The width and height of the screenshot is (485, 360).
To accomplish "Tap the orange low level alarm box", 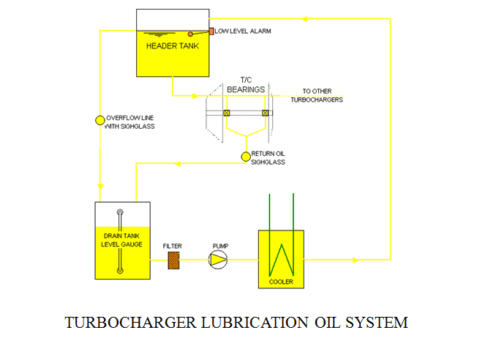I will point(211,31).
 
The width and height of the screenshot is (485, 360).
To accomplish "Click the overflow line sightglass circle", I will point(101,120).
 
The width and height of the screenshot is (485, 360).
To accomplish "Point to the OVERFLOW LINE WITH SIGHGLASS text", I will point(130,122).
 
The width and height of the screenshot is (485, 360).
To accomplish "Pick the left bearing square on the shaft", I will point(227,113).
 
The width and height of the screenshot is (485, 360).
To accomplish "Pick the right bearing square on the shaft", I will point(265,113).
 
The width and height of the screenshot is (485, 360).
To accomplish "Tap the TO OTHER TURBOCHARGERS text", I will point(317,96).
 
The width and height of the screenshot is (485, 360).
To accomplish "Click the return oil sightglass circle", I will point(246,157).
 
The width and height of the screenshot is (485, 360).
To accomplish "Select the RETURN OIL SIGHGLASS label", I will point(268,157).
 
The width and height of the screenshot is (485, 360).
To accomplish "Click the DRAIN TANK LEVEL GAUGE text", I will point(121,240).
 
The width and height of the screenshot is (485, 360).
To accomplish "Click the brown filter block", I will point(173,260).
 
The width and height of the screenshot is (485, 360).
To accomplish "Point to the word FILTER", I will point(173,246).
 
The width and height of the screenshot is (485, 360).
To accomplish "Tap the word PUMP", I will point(220,246).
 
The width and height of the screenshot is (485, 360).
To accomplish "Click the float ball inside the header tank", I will point(191,34).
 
